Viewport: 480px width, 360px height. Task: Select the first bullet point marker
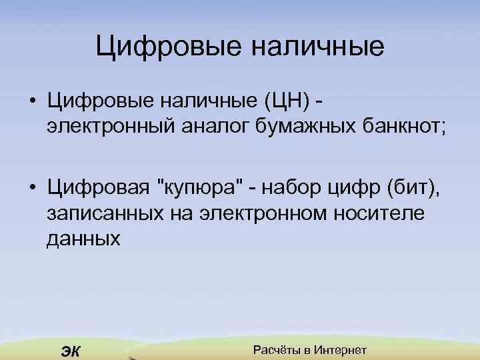click(x=32, y=102)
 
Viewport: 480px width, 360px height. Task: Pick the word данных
click(x=83, y=239)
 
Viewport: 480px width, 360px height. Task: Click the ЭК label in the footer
click(x=69, y=351)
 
